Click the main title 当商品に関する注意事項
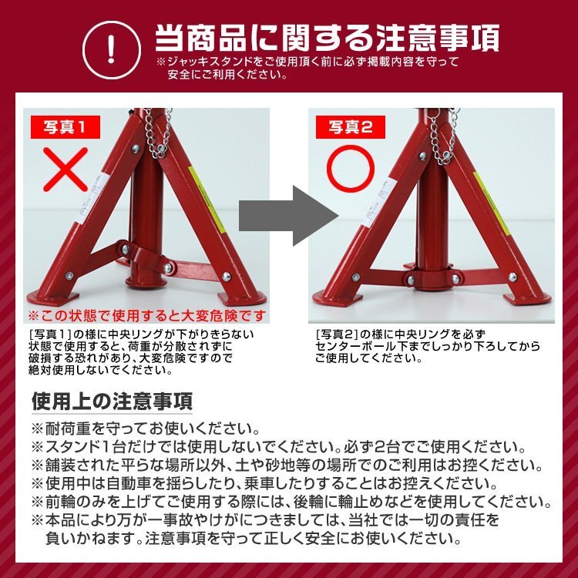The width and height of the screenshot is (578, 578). (327, 37)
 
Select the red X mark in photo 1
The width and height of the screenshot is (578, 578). (65, 169)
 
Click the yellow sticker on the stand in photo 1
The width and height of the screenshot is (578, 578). (205, 197)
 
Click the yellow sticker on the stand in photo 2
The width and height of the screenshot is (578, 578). (490, 197)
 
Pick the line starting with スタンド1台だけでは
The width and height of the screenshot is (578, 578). (277, 447)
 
